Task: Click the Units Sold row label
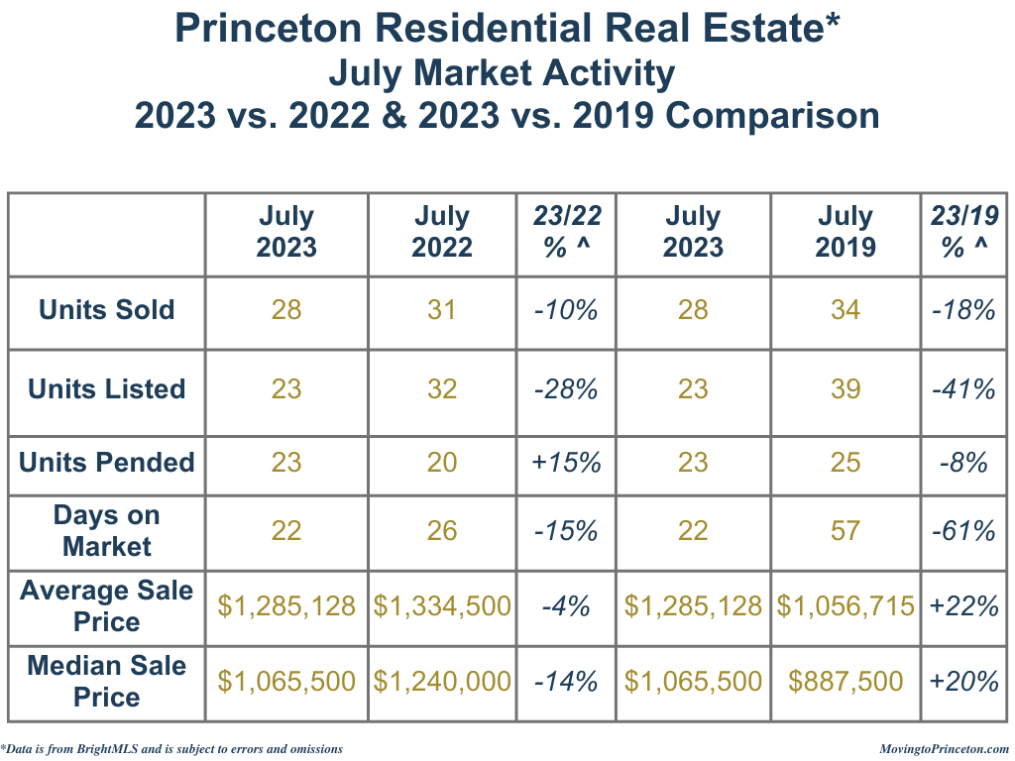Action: tap(106, 310)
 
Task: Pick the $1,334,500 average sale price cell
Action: tap(442, 605)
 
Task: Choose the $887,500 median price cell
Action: tap(846, 681)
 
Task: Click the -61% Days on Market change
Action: tap(964, 531)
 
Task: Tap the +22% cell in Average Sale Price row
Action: tap(964, 605)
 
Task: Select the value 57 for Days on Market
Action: tap(846, 531)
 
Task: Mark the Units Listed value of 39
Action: tap(846, 389)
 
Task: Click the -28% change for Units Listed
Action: tap(566, 389)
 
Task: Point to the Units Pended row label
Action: tap(106, 462)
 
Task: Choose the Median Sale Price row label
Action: tap(106, 681)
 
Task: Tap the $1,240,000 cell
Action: tap(442, 681)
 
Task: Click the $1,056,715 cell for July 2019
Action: tap(846, 605)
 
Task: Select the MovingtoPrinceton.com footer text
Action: tap(944, 749)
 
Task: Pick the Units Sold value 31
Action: tap(442, 310)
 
